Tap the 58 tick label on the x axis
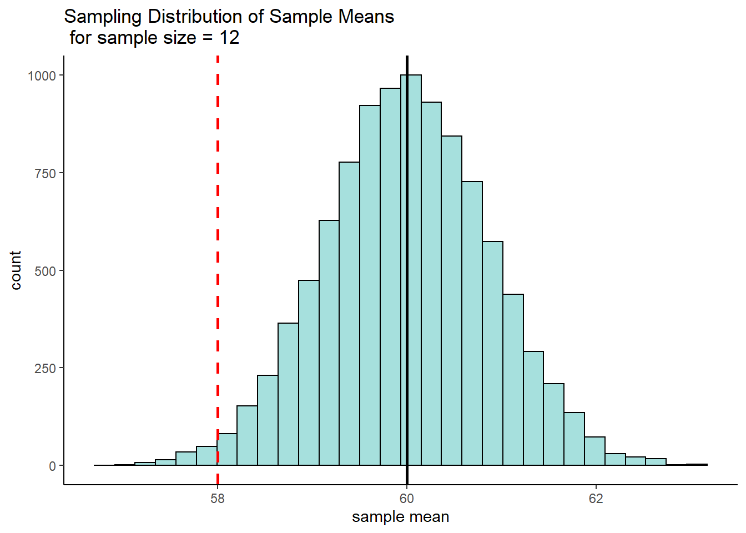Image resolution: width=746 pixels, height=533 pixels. pyautogui.click(x=218, y=499)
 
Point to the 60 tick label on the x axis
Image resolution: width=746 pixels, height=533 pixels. pyautogui.click(x=407, y=499)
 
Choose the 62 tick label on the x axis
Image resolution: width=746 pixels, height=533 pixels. pyautogui.click(x=596, y=499)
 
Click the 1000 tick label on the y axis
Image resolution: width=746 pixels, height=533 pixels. pyautogui.click(x=42, y=76)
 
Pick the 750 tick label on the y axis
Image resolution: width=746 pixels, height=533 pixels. pyautogui.click(x=46, y=173)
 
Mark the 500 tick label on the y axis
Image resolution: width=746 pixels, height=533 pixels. pyautogui.click(x=46, y=271)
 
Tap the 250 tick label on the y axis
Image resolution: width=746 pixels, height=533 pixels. pyautogui.click(x=46, y=368)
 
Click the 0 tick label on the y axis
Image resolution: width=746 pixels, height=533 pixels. pyautogui.click(x=53, y=466)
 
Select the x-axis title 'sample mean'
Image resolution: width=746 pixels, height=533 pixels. pyautogui.click(x=401, y=517)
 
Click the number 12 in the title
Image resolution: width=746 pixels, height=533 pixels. pyautogui.click(x=229, y=38)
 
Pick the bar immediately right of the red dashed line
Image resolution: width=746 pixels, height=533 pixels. pyautogui.click(x=228, y=449)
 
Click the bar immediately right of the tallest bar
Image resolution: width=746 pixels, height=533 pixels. pyautogui.click(x=431, y=284)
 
